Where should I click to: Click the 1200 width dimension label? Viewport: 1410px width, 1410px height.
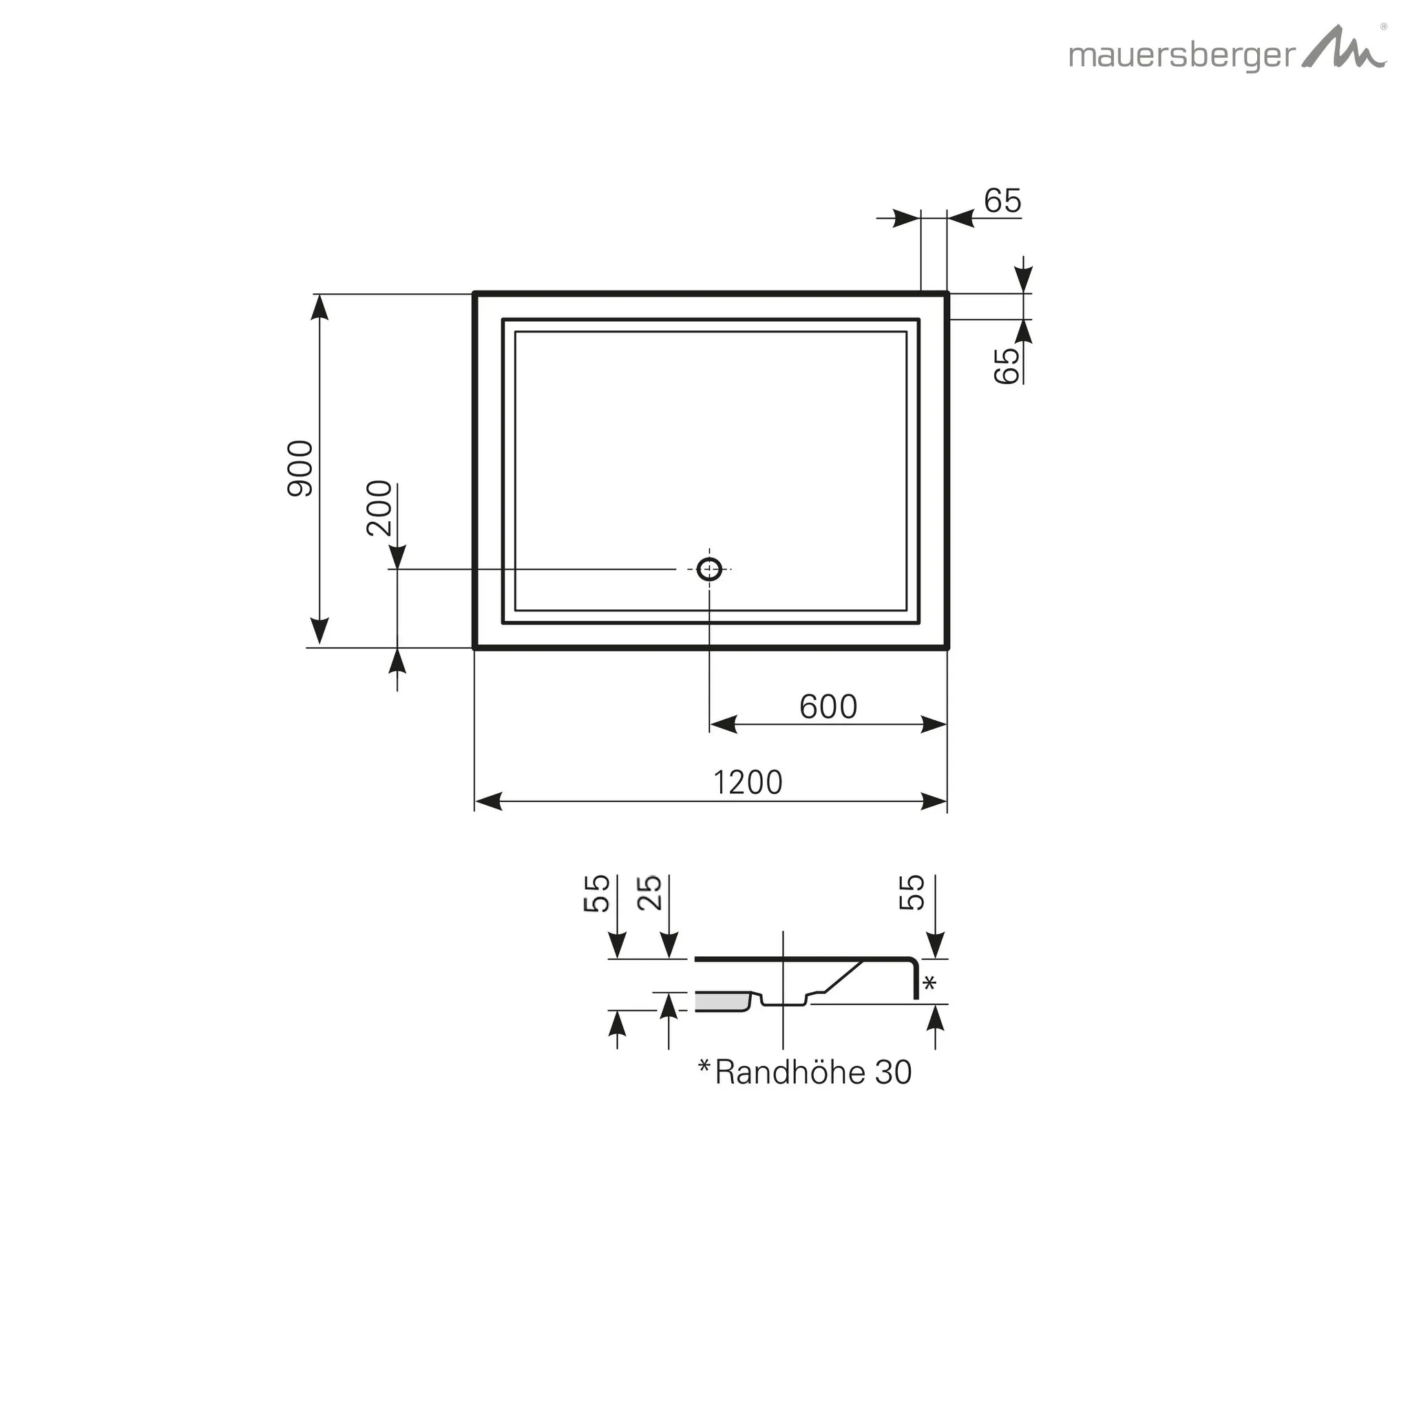(x=747, y=783)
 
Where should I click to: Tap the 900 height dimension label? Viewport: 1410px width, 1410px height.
(x=301, y=469)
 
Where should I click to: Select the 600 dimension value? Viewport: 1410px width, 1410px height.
(x=828, y=706)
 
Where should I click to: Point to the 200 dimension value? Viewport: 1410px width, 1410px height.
(x=379, y=508)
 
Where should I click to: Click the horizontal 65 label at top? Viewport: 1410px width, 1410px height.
(x=1002, y=201)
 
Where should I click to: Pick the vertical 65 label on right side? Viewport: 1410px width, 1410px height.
(x=1007, y=366)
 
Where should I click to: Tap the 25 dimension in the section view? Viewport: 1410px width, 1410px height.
(x=649, y=892)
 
